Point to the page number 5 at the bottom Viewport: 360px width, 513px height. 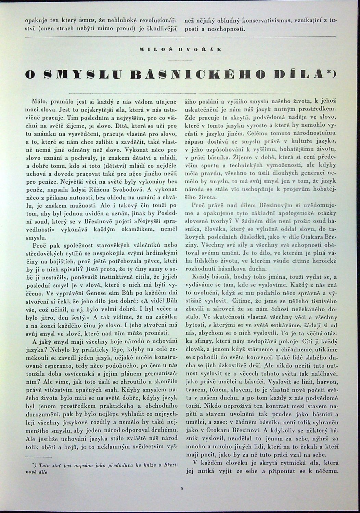[x=182, y=488]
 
